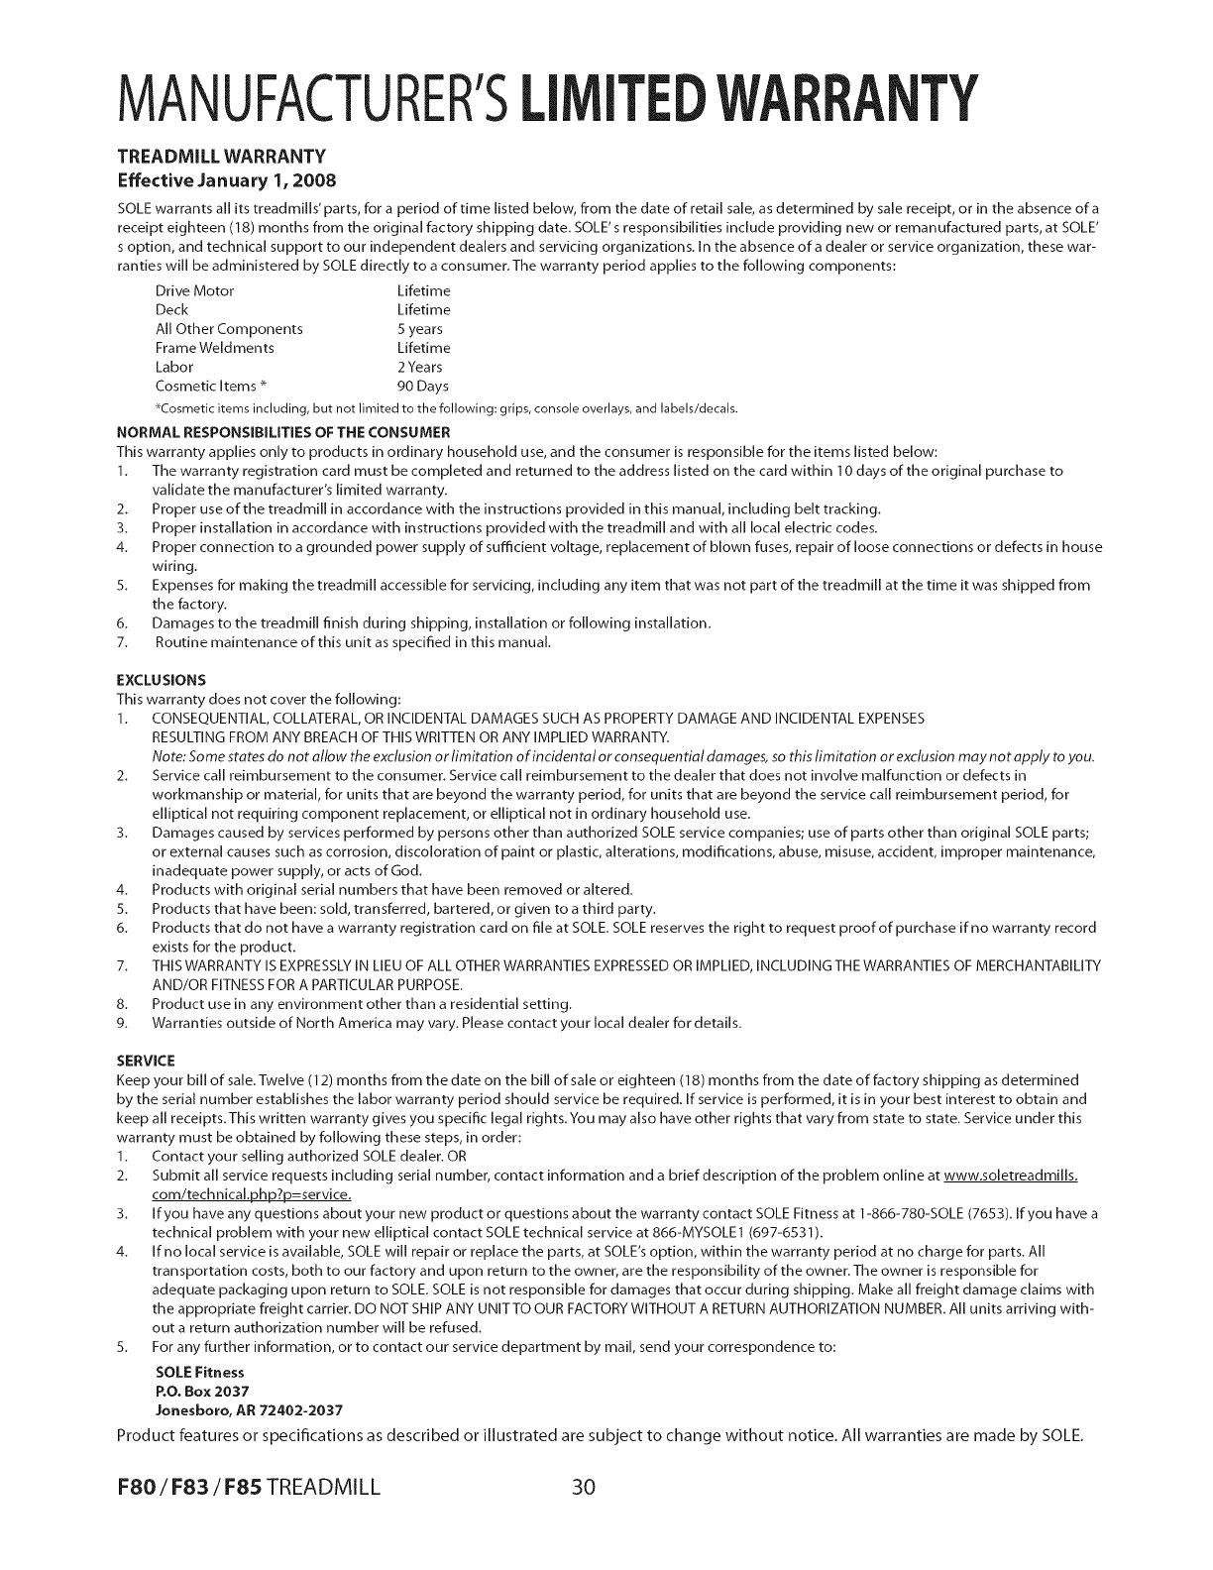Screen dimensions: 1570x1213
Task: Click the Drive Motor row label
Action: coord(195,290)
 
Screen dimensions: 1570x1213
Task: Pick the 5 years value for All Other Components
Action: coord(419,329)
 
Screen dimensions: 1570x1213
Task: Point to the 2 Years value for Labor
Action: coord(419,367)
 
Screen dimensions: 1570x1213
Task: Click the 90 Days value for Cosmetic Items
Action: coord(422,387)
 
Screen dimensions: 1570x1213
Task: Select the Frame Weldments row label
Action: coord(215,348)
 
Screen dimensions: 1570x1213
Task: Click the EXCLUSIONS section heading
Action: coord(162,680)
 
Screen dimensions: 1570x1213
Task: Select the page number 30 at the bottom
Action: coord(582,1489)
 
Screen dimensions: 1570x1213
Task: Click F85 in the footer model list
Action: coord(239,1489)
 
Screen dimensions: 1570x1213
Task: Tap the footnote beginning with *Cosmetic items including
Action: coord(447,408)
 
